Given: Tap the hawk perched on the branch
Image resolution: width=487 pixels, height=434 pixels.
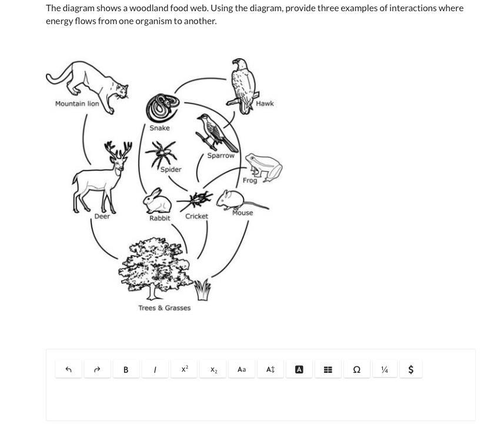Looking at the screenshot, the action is click(243, 86).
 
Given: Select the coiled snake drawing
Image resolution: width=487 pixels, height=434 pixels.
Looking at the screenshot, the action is click(162, 108).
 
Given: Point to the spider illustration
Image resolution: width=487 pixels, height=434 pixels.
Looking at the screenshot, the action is click(161, 153).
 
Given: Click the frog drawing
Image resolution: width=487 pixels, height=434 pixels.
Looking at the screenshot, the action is click(264, 167).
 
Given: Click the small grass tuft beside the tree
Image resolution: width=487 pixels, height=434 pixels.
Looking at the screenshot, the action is click(203, 289).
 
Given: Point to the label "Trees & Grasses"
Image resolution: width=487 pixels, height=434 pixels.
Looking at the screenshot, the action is click(164, 308).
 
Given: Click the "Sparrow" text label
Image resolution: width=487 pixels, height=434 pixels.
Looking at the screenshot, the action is click(221, 155).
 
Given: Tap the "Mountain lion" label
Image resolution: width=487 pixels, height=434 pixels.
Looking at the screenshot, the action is click(77, 104).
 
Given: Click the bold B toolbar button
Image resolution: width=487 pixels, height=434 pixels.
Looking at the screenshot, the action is click(126, 369).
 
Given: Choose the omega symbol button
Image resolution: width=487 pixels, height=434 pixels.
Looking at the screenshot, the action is click(357, 369).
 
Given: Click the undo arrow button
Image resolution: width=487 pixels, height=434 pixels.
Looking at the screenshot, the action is click(68, 369).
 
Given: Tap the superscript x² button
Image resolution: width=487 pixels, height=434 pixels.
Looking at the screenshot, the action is click(185, 369).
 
